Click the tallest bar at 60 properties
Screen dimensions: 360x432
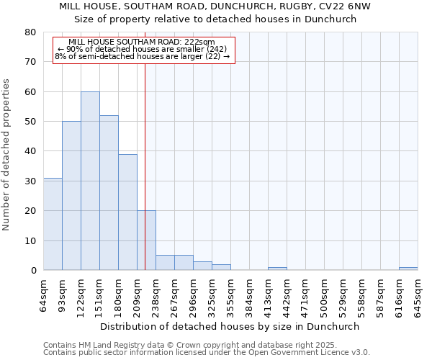click(90, 181)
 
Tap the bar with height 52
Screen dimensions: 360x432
click(109, 193)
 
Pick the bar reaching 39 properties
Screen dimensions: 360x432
click(127, 212)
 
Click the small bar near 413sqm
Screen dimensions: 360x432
click(277, 269)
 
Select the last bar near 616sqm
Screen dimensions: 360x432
click(408, 269)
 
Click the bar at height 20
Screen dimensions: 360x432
click(146, 240)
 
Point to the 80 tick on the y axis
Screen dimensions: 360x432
click(30, 32)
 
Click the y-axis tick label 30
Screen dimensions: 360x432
click(30, 181)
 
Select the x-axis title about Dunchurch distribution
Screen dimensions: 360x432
click(230, 326)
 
